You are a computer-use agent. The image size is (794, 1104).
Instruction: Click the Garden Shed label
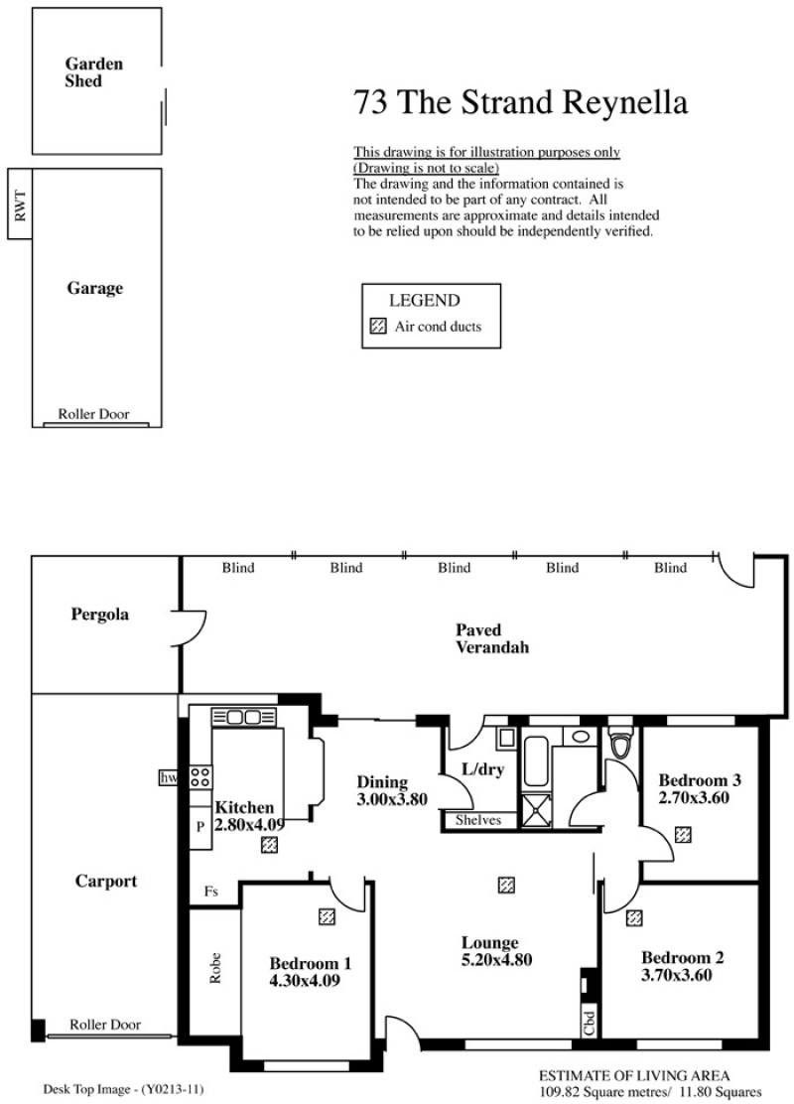coord(93,72)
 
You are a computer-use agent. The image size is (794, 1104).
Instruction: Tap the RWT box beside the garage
coord(20,204)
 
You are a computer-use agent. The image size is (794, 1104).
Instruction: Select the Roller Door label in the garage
coord(93,414)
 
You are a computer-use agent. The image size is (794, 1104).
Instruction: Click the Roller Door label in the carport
coord(105,1025)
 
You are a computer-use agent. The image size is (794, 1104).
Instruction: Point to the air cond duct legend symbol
coord(379,326)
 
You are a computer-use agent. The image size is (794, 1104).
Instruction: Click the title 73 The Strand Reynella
coord(520,102)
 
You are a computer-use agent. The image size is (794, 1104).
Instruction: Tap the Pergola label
coord(100,615)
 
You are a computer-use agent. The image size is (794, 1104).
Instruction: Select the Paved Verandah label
coord(492,638)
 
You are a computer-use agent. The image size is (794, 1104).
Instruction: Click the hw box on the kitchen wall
coord(169,777)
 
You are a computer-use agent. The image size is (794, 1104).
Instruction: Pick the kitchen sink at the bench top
coord(244,718)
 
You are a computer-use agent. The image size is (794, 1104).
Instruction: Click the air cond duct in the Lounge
coord(506,885)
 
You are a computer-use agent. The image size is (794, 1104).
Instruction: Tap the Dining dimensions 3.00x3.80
coord(392,800)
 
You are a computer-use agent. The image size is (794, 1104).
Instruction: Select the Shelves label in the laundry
coord(478,819)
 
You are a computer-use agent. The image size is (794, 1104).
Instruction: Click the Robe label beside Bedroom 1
coord(215,968)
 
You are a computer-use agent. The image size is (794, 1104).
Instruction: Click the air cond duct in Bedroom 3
coord(683,834)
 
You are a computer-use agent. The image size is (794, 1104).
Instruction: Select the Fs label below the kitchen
coord(211,892)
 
